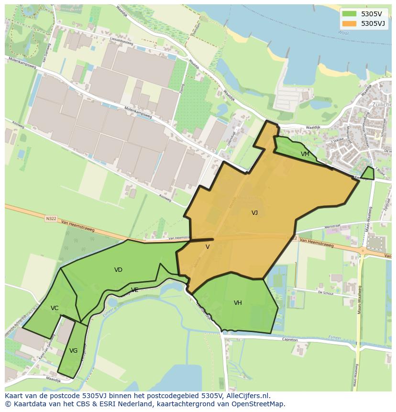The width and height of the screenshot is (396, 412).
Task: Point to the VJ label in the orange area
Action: tap(254, 213)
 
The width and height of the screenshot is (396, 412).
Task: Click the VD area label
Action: tap(118, 270)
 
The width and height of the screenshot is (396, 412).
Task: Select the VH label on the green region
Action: tap(238, 303)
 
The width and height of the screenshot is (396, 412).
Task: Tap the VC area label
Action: tap(55, 308)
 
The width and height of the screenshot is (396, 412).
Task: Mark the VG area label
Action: tap(73, 351)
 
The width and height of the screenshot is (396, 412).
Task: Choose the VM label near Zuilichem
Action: tap(305, 154)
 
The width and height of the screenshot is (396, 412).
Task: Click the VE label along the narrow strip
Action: tap(135, 290)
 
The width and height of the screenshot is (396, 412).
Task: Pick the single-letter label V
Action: tap(208, 247)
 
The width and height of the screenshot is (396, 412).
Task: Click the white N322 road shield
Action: tap(51, 219)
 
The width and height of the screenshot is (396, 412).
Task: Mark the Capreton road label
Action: tap(290, 340)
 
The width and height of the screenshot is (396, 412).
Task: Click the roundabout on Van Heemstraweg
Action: tap(363, 250)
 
